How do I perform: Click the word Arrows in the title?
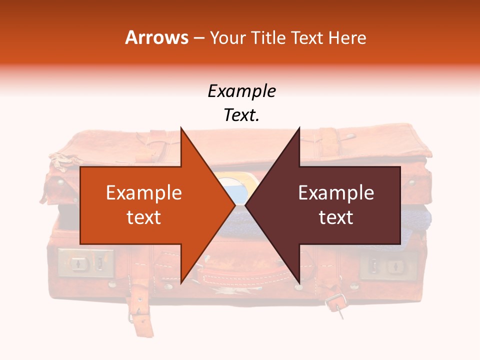(157, 37)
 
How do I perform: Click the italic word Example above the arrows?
(241, 91)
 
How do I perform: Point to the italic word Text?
(241, 115)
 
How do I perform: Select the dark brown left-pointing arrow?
(330, 205)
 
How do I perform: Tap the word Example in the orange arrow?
(144, 193)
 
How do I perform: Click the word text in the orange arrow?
(144, 217)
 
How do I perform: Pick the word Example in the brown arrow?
(336, 193)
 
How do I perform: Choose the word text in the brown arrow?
(336, 217)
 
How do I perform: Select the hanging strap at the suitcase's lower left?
(142, 310)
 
